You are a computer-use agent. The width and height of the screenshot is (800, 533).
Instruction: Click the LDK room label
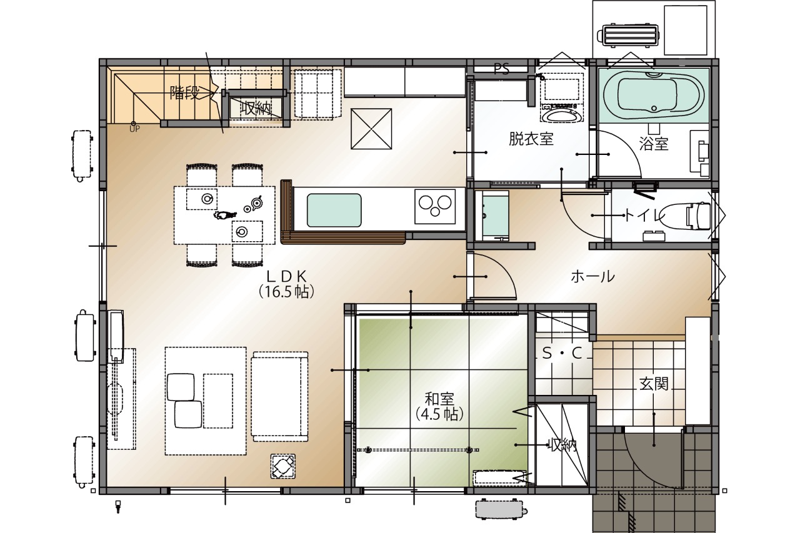click(286, 276)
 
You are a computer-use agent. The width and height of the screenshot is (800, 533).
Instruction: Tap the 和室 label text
click(439, 399)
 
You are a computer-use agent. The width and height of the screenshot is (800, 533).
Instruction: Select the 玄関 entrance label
click(654, 384)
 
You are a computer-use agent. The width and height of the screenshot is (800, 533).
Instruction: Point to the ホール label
click(593, 277)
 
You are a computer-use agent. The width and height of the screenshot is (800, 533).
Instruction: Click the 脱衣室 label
click(531, 139)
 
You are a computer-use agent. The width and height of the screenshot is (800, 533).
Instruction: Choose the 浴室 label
click(654, 144)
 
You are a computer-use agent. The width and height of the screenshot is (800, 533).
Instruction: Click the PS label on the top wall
click(501, 69)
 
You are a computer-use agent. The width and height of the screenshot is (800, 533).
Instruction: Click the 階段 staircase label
click(184, 93)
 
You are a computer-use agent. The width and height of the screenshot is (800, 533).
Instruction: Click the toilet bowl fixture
click(684, 216)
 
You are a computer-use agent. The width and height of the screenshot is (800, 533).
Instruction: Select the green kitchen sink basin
click(334, 211)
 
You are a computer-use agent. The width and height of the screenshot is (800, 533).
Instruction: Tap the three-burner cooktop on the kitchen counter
click(435, 207)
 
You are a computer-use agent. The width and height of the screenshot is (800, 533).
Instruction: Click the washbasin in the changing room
click(562, 115)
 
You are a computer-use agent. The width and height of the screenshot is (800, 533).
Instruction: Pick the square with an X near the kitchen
click(371, 129)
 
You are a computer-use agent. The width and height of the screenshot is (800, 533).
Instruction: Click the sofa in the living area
click(279, 397)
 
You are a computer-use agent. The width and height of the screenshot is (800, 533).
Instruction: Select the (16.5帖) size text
click(286, 292)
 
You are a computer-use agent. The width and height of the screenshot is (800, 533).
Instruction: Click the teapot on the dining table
click(257, 202)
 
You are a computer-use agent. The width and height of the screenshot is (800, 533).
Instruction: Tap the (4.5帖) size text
click(439, 414)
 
